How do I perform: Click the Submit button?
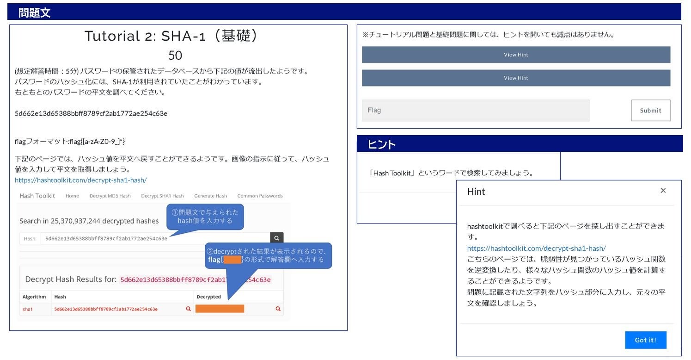point(650,111)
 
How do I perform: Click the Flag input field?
point(476,111)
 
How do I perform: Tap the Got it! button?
point(645,340)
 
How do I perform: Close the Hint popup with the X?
point(663,191)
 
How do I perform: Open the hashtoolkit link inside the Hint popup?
point(536,248)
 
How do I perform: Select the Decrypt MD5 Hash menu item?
point(110,196)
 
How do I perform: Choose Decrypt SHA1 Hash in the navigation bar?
point(162,196)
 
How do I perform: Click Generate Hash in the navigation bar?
point(210,196)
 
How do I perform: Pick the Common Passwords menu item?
point(260,196)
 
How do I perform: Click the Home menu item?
point(72,196)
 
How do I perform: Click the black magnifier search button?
point(276,238)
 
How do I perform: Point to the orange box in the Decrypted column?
point(220,309)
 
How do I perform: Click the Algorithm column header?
point(34,297)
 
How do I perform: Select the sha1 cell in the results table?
point(28,309)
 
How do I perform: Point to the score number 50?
point(175,56)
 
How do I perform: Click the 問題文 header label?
point(35,12)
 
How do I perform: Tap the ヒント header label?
point(381,144)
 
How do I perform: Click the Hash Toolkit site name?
point(37,196)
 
